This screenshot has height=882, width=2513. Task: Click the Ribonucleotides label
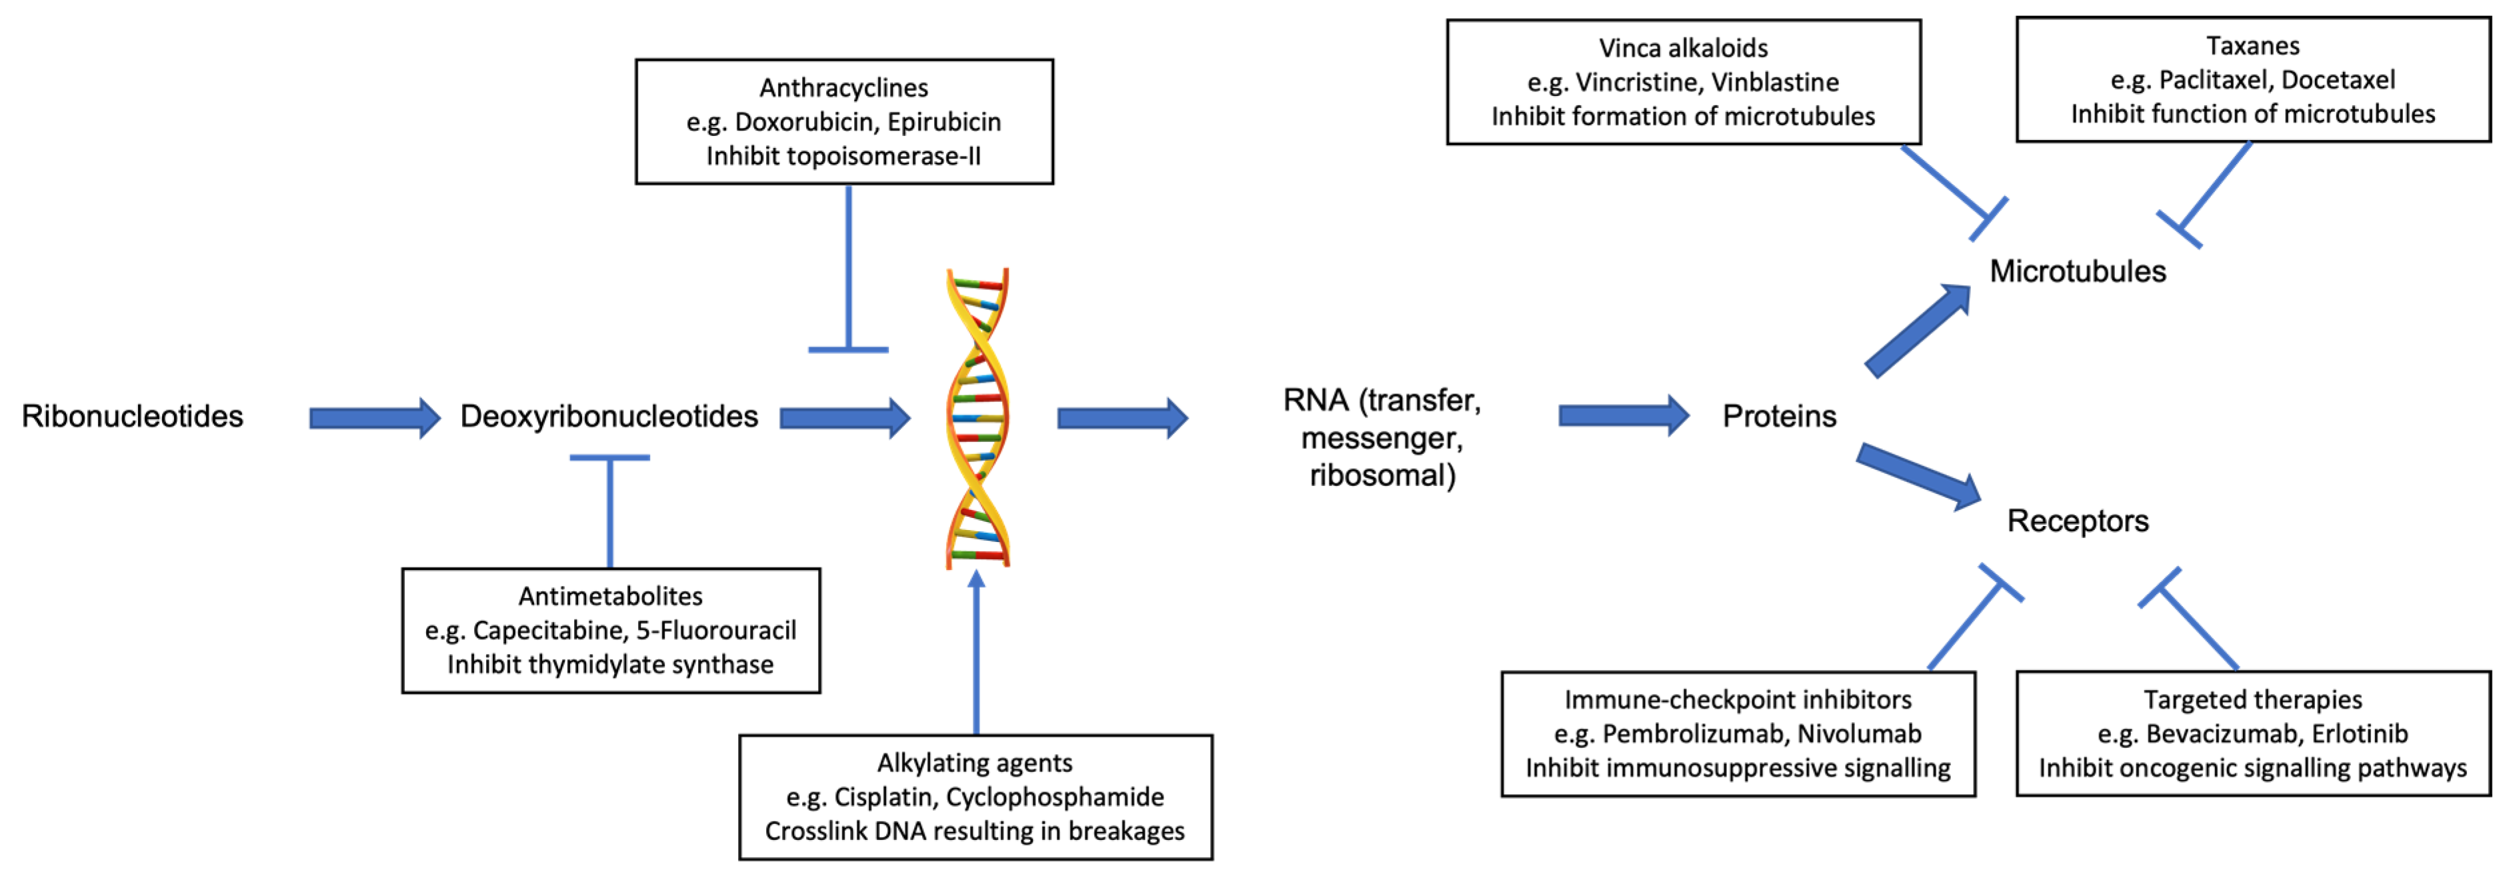point(133,417)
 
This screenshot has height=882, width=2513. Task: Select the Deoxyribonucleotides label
point(609,417)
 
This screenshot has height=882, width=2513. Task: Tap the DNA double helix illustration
point(977,417)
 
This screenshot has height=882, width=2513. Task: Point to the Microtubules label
point(2077,271)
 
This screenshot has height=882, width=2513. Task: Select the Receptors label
point(2077,521)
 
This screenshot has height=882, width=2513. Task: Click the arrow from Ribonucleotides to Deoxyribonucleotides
point(375,419)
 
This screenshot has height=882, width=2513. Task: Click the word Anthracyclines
point(844,88)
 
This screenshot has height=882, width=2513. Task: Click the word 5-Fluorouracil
point(716,630)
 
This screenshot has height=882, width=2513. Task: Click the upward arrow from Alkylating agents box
point(975,654)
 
